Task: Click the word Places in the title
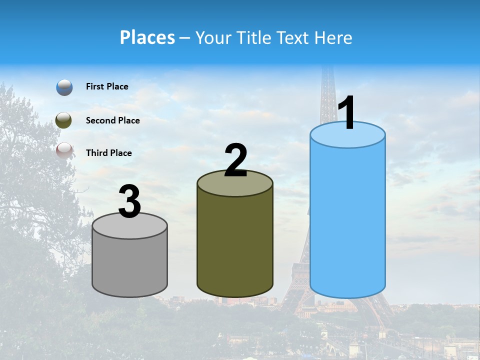click(x=147, y=37)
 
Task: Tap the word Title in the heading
click(x=254, y=37)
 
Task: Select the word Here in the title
click(x=334, y=37)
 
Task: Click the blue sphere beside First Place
click(x=64, y=87)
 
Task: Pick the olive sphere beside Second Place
click(x=64, y=120)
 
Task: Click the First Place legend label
click(x=107, y=86)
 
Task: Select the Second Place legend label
click(x=112, y=120)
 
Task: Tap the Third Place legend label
click(x=108, y=153)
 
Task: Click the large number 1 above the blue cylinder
click(x=347, y=112)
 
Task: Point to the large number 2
click(x=236, y=160)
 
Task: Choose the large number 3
click(x=130, y=201)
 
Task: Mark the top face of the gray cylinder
click(x=130, y=226)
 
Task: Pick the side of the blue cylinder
click(x=347, y=220)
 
